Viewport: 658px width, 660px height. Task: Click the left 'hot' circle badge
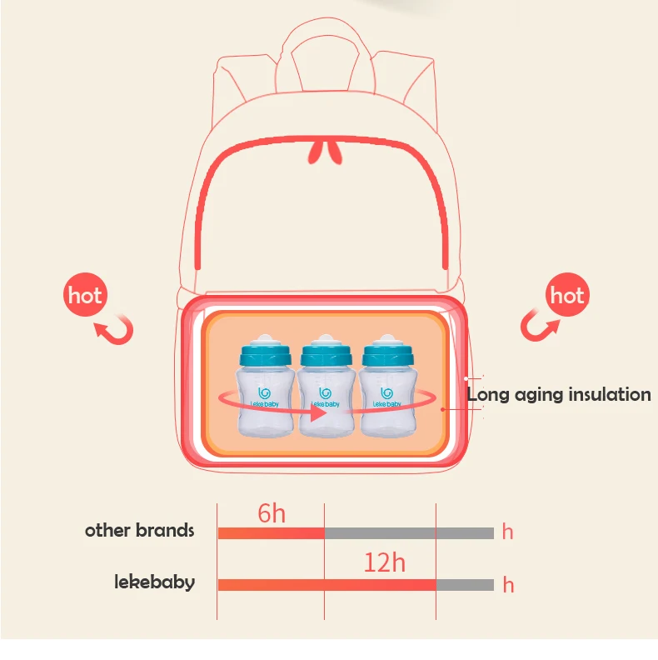(85, 296)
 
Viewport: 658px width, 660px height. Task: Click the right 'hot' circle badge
(567, 296)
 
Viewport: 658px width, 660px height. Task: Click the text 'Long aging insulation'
(559, 394)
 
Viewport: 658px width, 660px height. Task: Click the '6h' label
(272, 513)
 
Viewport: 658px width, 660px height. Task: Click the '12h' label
(384, 563)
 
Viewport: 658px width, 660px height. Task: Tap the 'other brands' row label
(139, 530)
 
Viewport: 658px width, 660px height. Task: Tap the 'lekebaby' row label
(154, 582)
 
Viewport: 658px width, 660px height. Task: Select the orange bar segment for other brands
(271, 533)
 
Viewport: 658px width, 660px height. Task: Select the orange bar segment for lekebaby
(327, 585)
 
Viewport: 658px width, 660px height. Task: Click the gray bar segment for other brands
(408, 533)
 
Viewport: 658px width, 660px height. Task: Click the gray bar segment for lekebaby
(464, 585)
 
